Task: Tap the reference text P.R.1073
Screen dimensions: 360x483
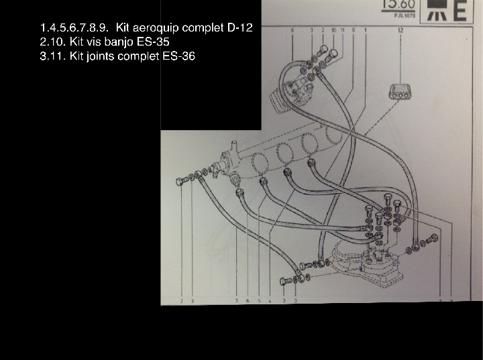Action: pyautogui.click(x=403, y=15)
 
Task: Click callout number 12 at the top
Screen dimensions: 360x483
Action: pyautogui.click(x=400, y=31)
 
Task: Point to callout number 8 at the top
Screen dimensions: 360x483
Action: pyautogui.click(x=292, y=31)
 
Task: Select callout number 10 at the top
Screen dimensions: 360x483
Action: pyautogui.click(x=333, y=31)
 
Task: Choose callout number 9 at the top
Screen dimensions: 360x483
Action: pyautogui.click(x=354, y=31)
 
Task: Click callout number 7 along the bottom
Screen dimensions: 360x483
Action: pyautogui.click(x=236, y=301)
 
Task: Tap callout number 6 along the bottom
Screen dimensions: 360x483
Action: pyautogui.click(x=248, y=301)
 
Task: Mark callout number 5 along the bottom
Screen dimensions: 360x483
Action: pyautogui.click(x=259, y=301)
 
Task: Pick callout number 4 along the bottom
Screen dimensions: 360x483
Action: pyautogui.click(x=270, y=301)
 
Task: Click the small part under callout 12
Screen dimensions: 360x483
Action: pyautogui.click(x=400, y=93)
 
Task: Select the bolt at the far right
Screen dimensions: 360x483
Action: pyautogui.click(x=433, y=237)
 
